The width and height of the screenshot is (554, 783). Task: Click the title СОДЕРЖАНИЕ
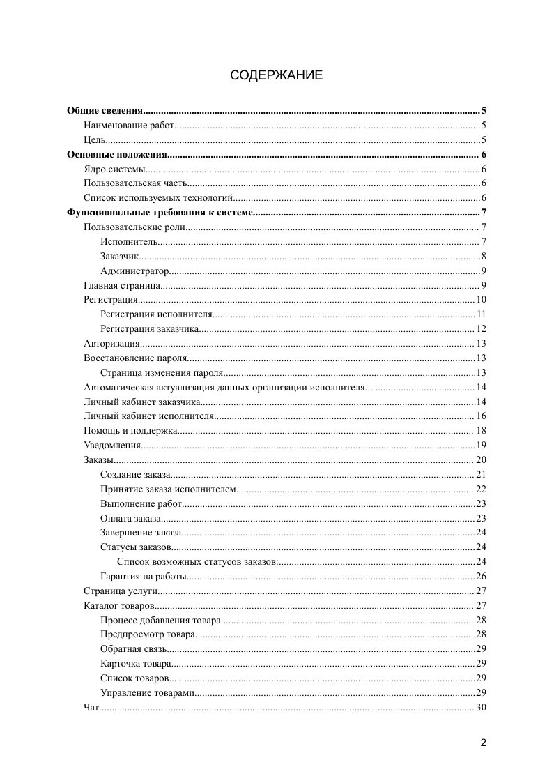[x=277, y=75]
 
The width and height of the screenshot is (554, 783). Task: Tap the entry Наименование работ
[x=128, y=126]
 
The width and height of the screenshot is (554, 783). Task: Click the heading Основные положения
[x=116, y=155]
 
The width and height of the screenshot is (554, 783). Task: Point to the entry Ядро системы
[x=115, y=169]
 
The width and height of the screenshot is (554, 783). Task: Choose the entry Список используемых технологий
[x=157, y=198]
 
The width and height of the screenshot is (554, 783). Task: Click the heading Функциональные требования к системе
[x=159, y=213]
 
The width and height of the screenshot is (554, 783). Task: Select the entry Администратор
[x=134, y=271]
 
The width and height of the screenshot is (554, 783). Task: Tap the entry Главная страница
[x=123, y=285]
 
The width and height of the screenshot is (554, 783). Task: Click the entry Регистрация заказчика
[x=150, y=328]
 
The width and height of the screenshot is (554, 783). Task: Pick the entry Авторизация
[x=112, y=343]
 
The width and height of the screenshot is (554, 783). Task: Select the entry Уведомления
[x=112, y=445]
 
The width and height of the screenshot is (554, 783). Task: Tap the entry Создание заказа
[x=135, y=474]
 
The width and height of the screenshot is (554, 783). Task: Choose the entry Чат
[x=91, y=708]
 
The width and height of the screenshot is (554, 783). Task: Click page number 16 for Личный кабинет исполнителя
[x=481, y=416]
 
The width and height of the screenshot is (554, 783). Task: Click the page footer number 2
[x=483, y=743]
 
